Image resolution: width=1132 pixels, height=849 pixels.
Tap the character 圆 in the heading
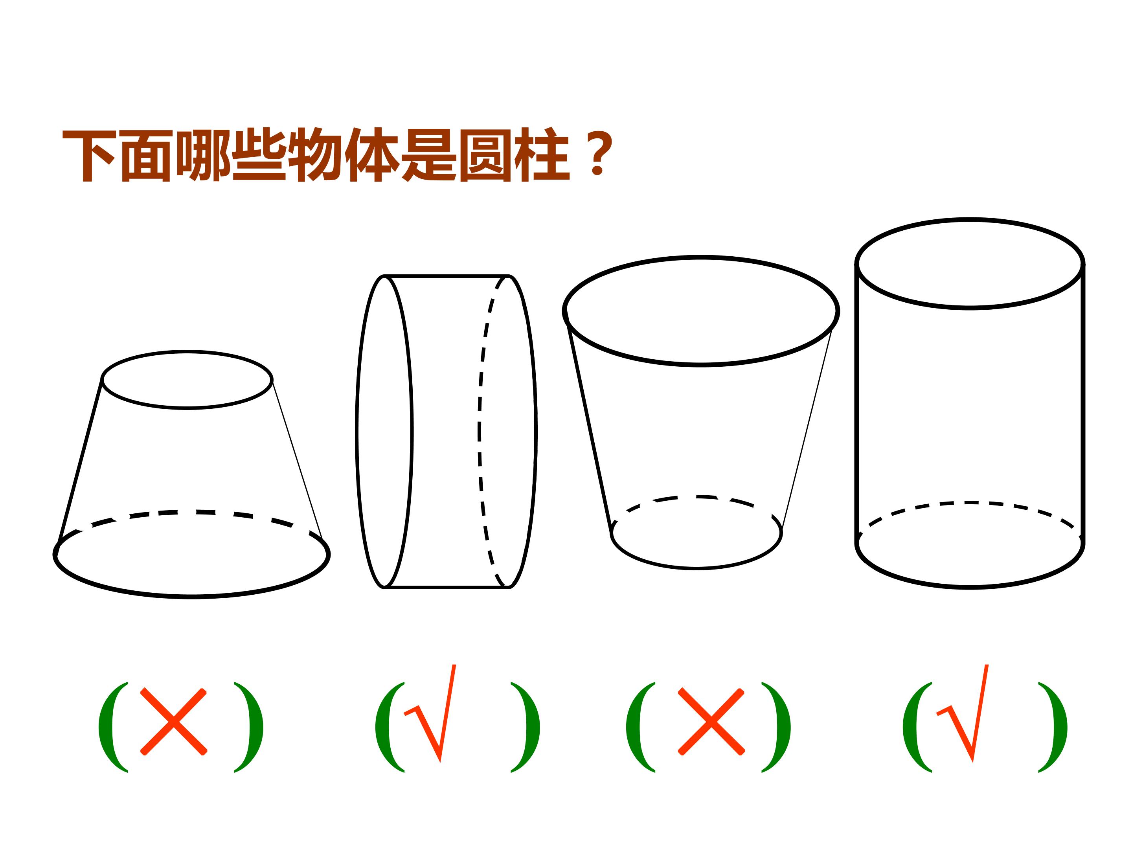(485, 156)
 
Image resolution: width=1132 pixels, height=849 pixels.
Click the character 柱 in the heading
(542, 155)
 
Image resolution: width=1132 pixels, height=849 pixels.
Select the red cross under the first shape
(173, 722)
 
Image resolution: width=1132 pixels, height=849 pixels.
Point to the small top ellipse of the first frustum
(187, 408)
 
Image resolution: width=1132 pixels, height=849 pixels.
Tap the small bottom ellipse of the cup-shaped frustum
(696, 568)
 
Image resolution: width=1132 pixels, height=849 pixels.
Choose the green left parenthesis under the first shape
(113, 727)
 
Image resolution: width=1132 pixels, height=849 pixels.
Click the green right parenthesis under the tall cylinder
(1053, 727)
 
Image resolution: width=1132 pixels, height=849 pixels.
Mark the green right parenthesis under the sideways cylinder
(526, 727)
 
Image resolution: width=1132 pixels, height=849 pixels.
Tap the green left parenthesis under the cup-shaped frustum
(641, 727)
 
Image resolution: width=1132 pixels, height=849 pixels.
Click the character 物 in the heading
(315, 154)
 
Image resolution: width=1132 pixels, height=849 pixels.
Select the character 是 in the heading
(428, 155)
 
